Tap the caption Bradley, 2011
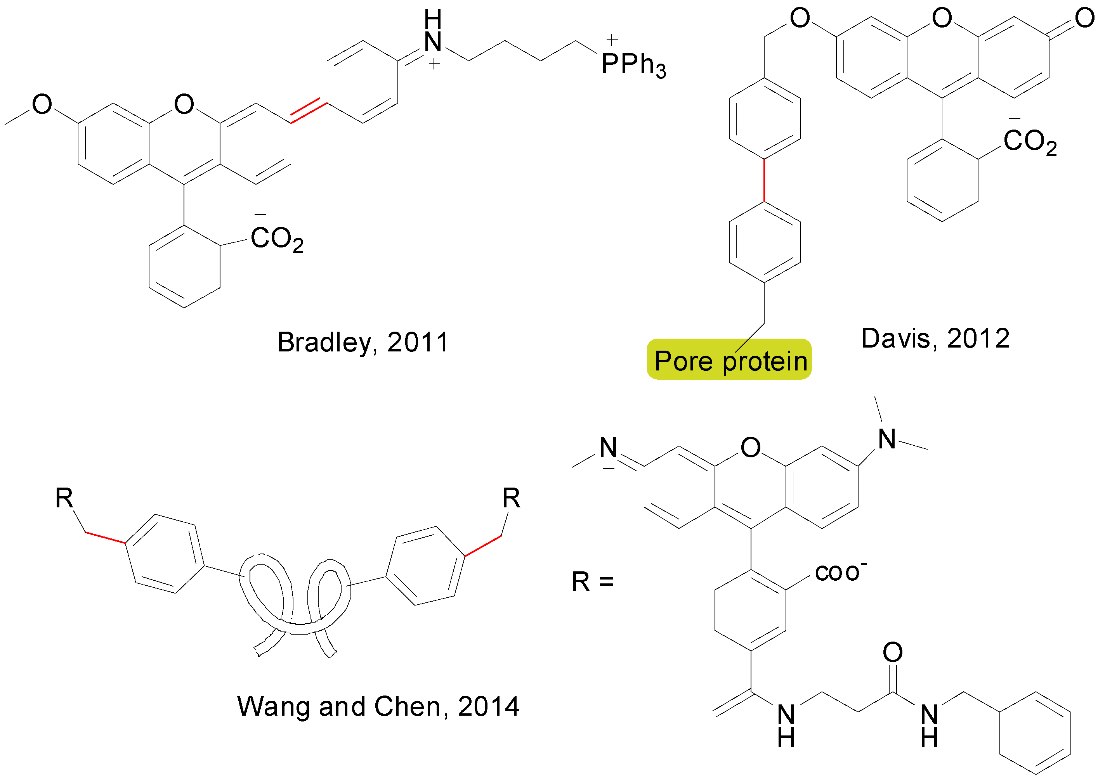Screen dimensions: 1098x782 click(363, 343)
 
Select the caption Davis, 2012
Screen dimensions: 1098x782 click(935, 339)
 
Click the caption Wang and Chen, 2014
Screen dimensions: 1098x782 click(378, 706)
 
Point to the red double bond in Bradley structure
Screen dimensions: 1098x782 click(308, 110)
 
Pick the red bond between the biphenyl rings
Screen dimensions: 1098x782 click(764, 180)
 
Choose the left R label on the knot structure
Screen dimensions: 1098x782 click(64, 498)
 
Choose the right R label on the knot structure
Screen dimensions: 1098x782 click(511, 498)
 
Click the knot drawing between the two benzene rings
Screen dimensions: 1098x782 click(295, 602)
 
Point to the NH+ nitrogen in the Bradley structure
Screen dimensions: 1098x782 click(433, 42)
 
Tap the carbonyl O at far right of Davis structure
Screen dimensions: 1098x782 click(1084, 18)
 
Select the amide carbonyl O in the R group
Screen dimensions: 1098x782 click(892, 652)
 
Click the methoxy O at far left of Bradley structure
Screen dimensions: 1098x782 click(42, 104)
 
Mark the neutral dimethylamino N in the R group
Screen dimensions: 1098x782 click(887, 439)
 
